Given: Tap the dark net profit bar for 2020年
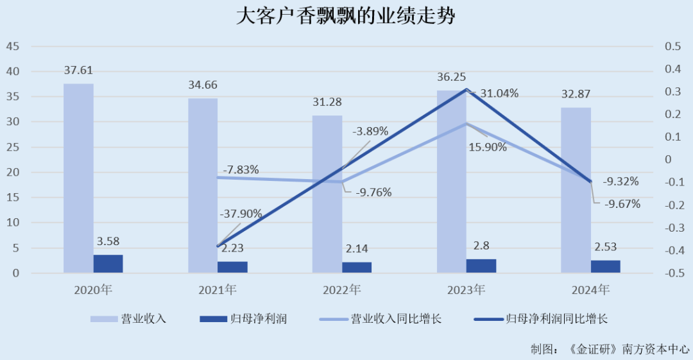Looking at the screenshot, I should pyautogui.click(x=108, y=264).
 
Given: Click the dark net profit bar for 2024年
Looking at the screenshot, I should pyautogui.click(x=605, y=266).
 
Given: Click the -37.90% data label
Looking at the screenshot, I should pyautogui.click(x=241, y=214).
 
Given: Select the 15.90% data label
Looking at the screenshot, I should pyautogui.click(x=488, y=147).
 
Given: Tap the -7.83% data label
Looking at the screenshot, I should pyautogui.click(x=241, y=170).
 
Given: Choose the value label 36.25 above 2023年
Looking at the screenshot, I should pyautogui.click(x=452, y=76).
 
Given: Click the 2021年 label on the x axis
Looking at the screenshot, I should pyautogui.click(x=218, y=290).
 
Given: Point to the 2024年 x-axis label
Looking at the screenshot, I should pyautogui.click(x=590, y=290).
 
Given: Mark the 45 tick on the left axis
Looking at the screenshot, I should pyautogui.click(x=13, y=47).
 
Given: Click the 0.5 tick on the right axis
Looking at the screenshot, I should pyautogui.click(x=672, y=47).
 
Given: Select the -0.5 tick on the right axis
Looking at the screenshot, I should pyautogui.click(x=671, y=273).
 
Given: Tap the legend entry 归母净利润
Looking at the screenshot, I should pyautogui.click(x=261, y=319).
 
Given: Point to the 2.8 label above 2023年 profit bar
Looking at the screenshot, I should pyautogui.click(x=481, y=246).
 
